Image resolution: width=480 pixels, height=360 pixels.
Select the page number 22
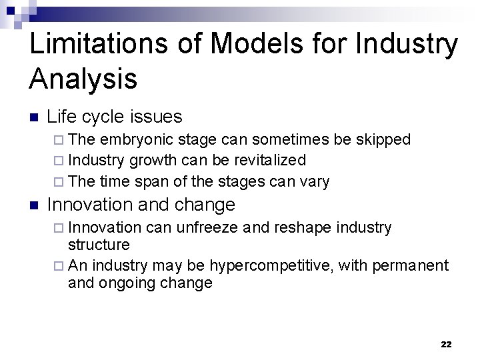click(446, 344)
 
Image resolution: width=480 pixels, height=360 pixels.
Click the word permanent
click(408, 267)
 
